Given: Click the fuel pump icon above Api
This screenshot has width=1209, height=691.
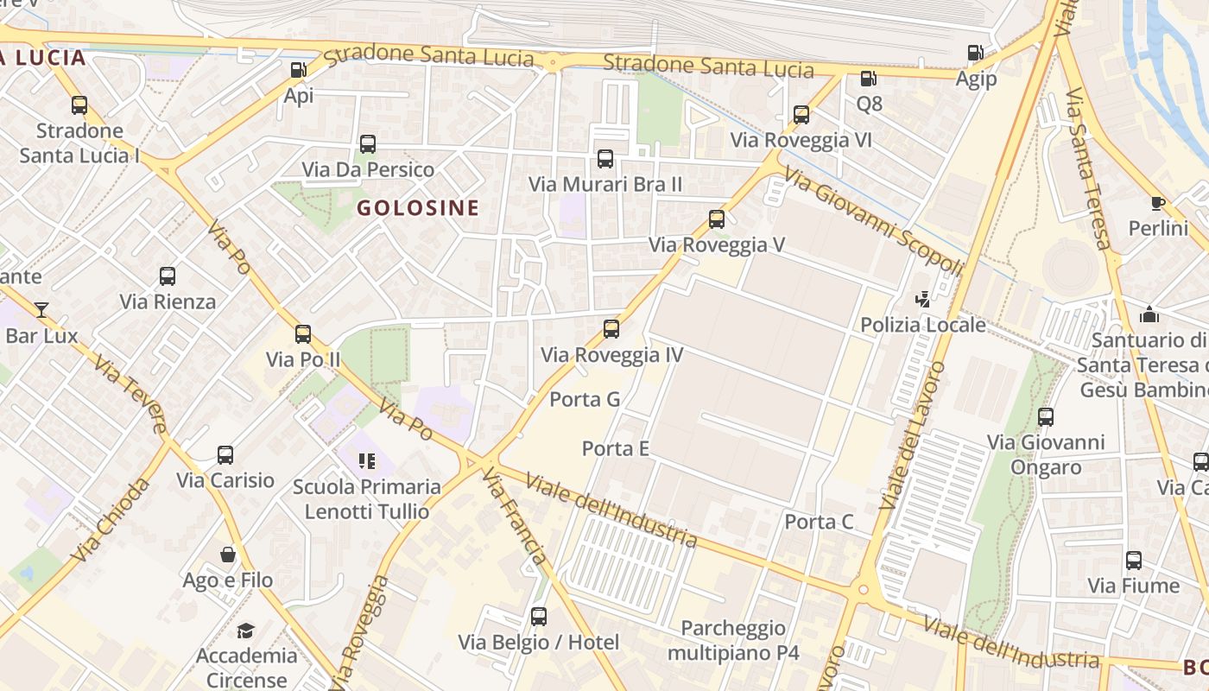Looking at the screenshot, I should coord(298,70).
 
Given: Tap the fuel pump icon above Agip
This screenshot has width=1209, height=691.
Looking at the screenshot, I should coord(975,53).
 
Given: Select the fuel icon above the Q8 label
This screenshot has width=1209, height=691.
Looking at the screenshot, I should coord(868,79).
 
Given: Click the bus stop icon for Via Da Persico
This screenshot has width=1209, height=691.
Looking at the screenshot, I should coord(368,144).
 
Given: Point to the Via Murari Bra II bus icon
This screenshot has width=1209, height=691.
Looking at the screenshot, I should coord(605,159).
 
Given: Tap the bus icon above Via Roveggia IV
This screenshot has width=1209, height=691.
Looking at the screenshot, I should coord(611,329).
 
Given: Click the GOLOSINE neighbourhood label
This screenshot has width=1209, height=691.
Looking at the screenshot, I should coord(418,207).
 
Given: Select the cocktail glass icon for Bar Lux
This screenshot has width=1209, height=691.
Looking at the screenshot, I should coord(41,309).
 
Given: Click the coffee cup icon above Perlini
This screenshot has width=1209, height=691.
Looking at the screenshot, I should coord(1158,203).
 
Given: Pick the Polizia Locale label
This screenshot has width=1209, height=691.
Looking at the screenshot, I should coord(923,325).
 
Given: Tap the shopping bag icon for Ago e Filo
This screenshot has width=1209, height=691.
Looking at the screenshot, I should coord(228,555).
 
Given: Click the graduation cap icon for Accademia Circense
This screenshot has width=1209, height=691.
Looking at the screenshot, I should coord(246,631).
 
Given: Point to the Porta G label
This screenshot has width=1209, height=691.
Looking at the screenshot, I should coord(586,399).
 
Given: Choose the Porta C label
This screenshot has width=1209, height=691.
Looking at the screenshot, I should coord(819,522).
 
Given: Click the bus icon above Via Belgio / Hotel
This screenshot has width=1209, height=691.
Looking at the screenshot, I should coord(539,617).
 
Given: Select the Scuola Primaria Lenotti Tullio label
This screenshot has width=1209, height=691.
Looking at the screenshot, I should coord(367,499).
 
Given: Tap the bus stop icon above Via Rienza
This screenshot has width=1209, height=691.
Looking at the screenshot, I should coord(168,276).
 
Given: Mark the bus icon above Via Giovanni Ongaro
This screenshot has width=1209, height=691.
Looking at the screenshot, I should coord(1046,417).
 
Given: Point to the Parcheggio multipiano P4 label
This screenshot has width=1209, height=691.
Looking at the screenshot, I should coord(733,640).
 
